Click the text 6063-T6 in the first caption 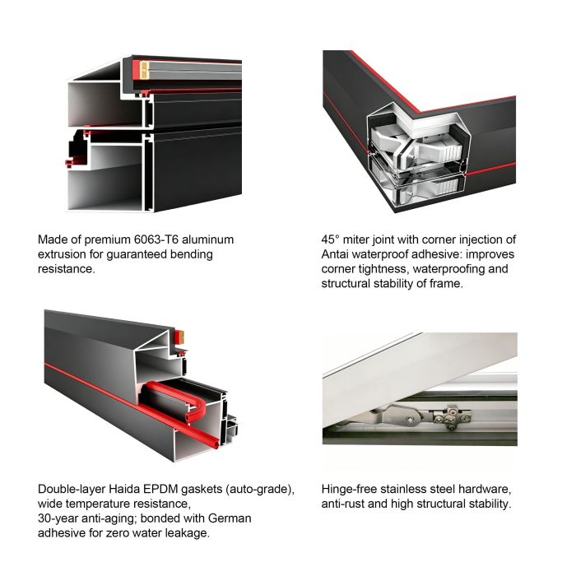point(156,239)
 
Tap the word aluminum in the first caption point(208,239)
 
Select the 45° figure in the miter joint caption point(329,239)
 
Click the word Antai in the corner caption point(335,254)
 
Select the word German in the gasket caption point(230,518)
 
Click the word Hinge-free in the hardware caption point(349,489)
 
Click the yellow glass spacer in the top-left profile point(144,70)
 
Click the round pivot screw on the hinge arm point(409,419)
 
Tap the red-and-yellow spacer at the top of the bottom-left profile point(179,337)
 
